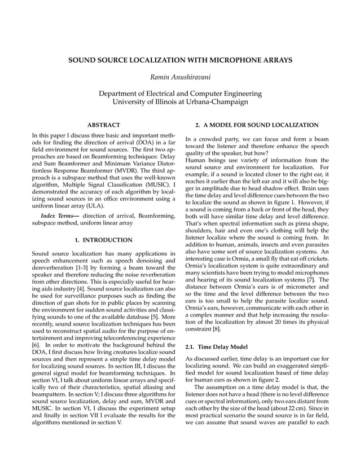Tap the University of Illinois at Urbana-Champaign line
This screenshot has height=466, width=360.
coord(180,102)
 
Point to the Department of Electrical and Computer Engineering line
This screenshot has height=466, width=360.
coord(180,93)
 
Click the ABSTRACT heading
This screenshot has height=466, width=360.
coord(104,124)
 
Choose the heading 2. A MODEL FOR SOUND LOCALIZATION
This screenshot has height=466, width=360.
coord(257,124)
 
